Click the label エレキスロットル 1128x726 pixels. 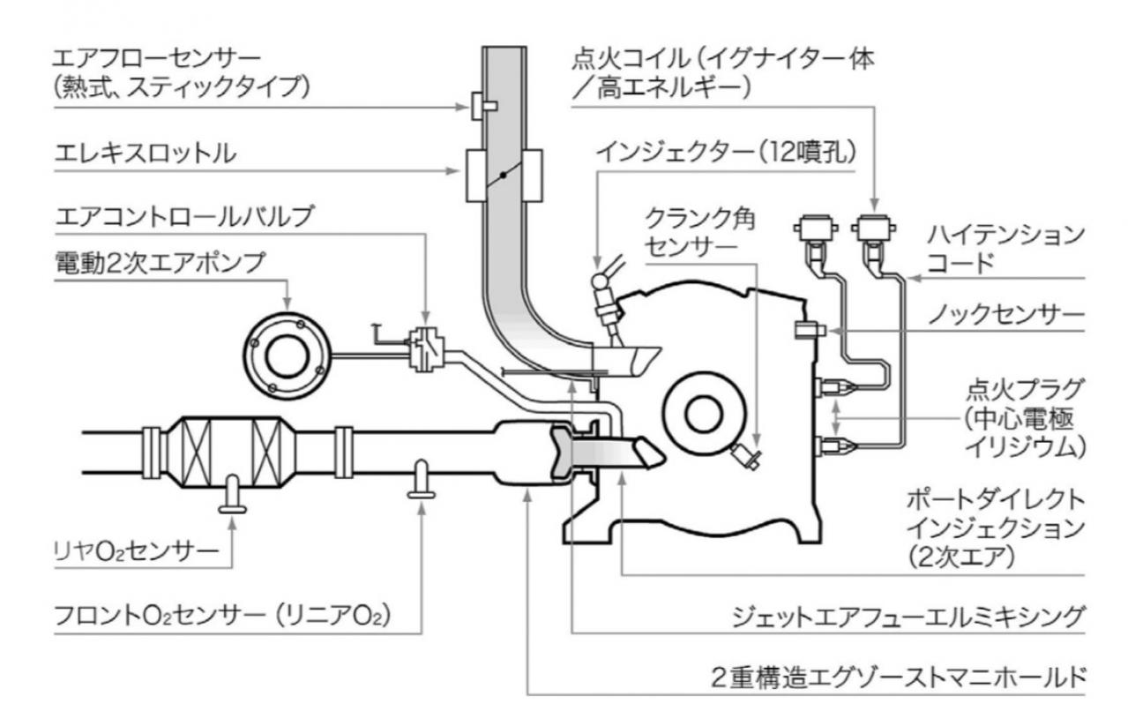pyautogui.click(x=146, y=153)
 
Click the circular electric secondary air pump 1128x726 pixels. pyautogui.click(x=287, y=355)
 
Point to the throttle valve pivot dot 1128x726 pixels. pyautogui.click(x=502, y=176)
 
